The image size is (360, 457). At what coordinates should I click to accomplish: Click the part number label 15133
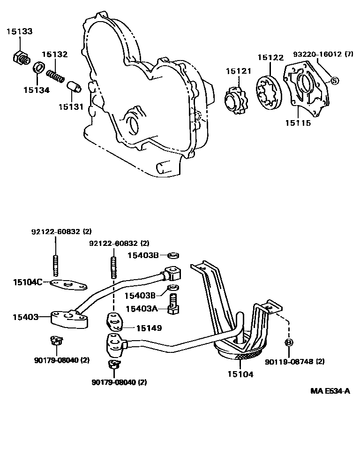click(x=19, y=31)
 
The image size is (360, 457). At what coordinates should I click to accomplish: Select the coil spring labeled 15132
click(x=56, y=74)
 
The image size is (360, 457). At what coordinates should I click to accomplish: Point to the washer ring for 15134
click(x=39, y=68)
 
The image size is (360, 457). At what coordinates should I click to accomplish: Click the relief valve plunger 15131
click(x=74, y=87)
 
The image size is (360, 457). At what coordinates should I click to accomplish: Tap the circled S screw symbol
click(x=334, y=80)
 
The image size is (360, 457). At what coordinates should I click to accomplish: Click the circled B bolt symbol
click(x=289, y=343)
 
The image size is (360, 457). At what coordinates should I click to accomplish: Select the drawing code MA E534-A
click(x=330, y=391)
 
